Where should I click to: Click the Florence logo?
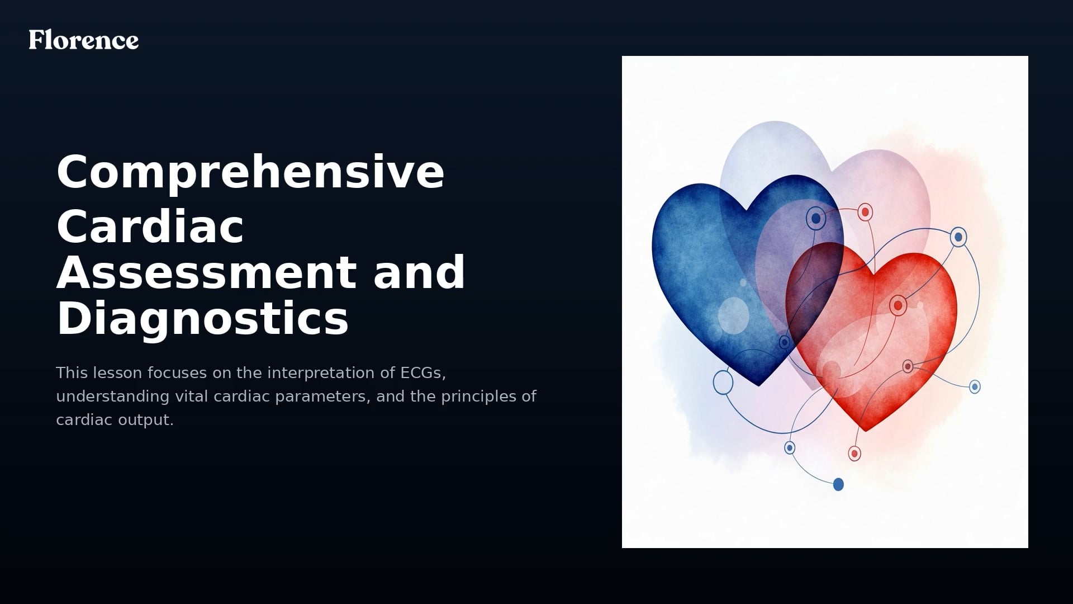pyautogui.click(x=84, y=40)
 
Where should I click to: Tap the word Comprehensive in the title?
pyautogui.click(x=250, y=172)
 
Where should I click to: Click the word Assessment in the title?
pyautogui.click(x=206, y=272)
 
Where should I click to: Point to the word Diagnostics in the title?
pyautogui.click(x=202, y=318)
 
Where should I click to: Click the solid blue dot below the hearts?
pyautogui.click(x=838, y=484)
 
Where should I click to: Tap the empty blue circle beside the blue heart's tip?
pyautogui.click(x=723, y=382)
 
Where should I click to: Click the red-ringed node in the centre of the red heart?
pyautogui.click(x=898, y=305)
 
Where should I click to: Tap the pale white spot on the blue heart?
pyautogui.click(x=733, y=315)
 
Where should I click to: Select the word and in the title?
pyautogui.click(x=419, y=272)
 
